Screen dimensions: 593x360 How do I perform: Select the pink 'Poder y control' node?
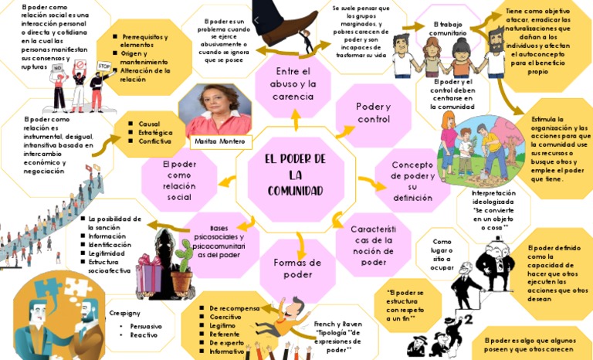(x=374, y=113)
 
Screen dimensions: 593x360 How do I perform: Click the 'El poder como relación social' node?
(x=179, y=180)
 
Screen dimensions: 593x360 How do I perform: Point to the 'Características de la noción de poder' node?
(x=374, y=245)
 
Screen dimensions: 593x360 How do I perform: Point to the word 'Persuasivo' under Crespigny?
(x=146, y=326)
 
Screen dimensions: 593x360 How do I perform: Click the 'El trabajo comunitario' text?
(x=448, y=29)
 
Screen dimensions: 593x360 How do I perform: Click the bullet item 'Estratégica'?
(x=154, y=133)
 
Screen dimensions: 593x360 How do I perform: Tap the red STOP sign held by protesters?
(x=104, y=66)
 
